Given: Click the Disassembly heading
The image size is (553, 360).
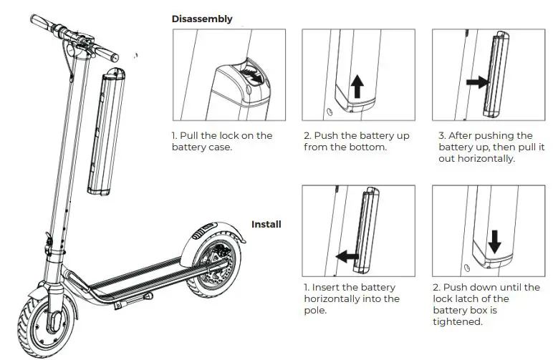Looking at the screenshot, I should click(202, 19).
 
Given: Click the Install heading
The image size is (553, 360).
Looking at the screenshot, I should click(266, 224).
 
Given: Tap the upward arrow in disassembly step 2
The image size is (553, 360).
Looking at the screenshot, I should click(356, 87).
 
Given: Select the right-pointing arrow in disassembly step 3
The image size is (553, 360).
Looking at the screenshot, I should click(474, 82).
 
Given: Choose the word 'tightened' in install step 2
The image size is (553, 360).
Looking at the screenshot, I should click(457, 321).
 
